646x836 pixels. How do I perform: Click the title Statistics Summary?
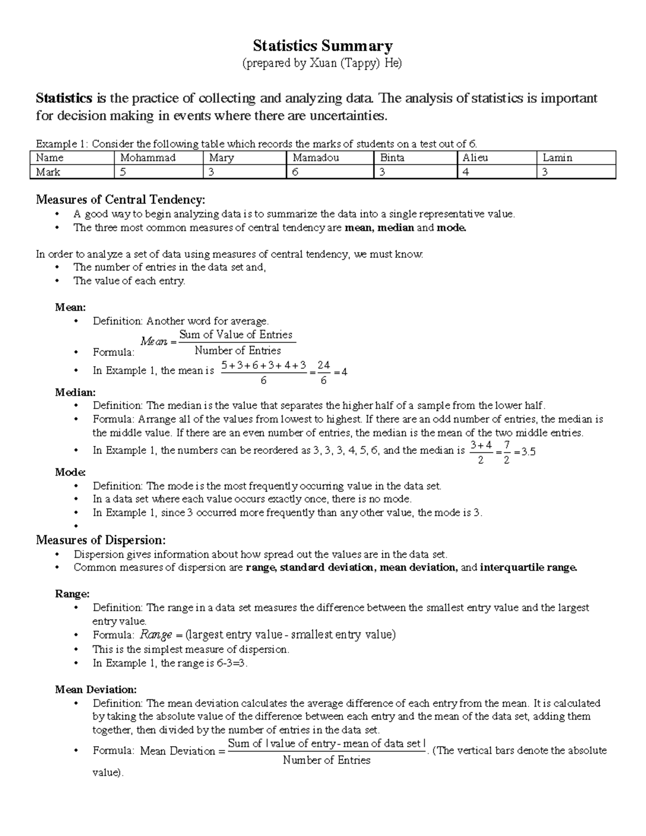tap(322, 46)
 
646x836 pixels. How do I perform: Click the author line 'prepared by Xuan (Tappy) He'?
tap(322, 64)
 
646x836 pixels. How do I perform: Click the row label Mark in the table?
tap(48, 172)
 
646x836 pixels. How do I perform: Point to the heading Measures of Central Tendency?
tap(120, 200)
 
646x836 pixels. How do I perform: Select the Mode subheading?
tap(70, 472)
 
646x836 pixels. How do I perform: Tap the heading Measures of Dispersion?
tap(101, 540)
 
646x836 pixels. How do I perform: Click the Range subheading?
tap(72, 594)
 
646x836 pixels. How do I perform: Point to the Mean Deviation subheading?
tap(96, 689)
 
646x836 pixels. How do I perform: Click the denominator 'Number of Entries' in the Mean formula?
tap(237, 350)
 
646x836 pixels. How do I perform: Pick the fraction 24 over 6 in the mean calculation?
tap(323, 373)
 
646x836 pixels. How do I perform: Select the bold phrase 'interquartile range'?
tap(528, 567)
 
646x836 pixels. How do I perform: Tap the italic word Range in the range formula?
tap(156, 635)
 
